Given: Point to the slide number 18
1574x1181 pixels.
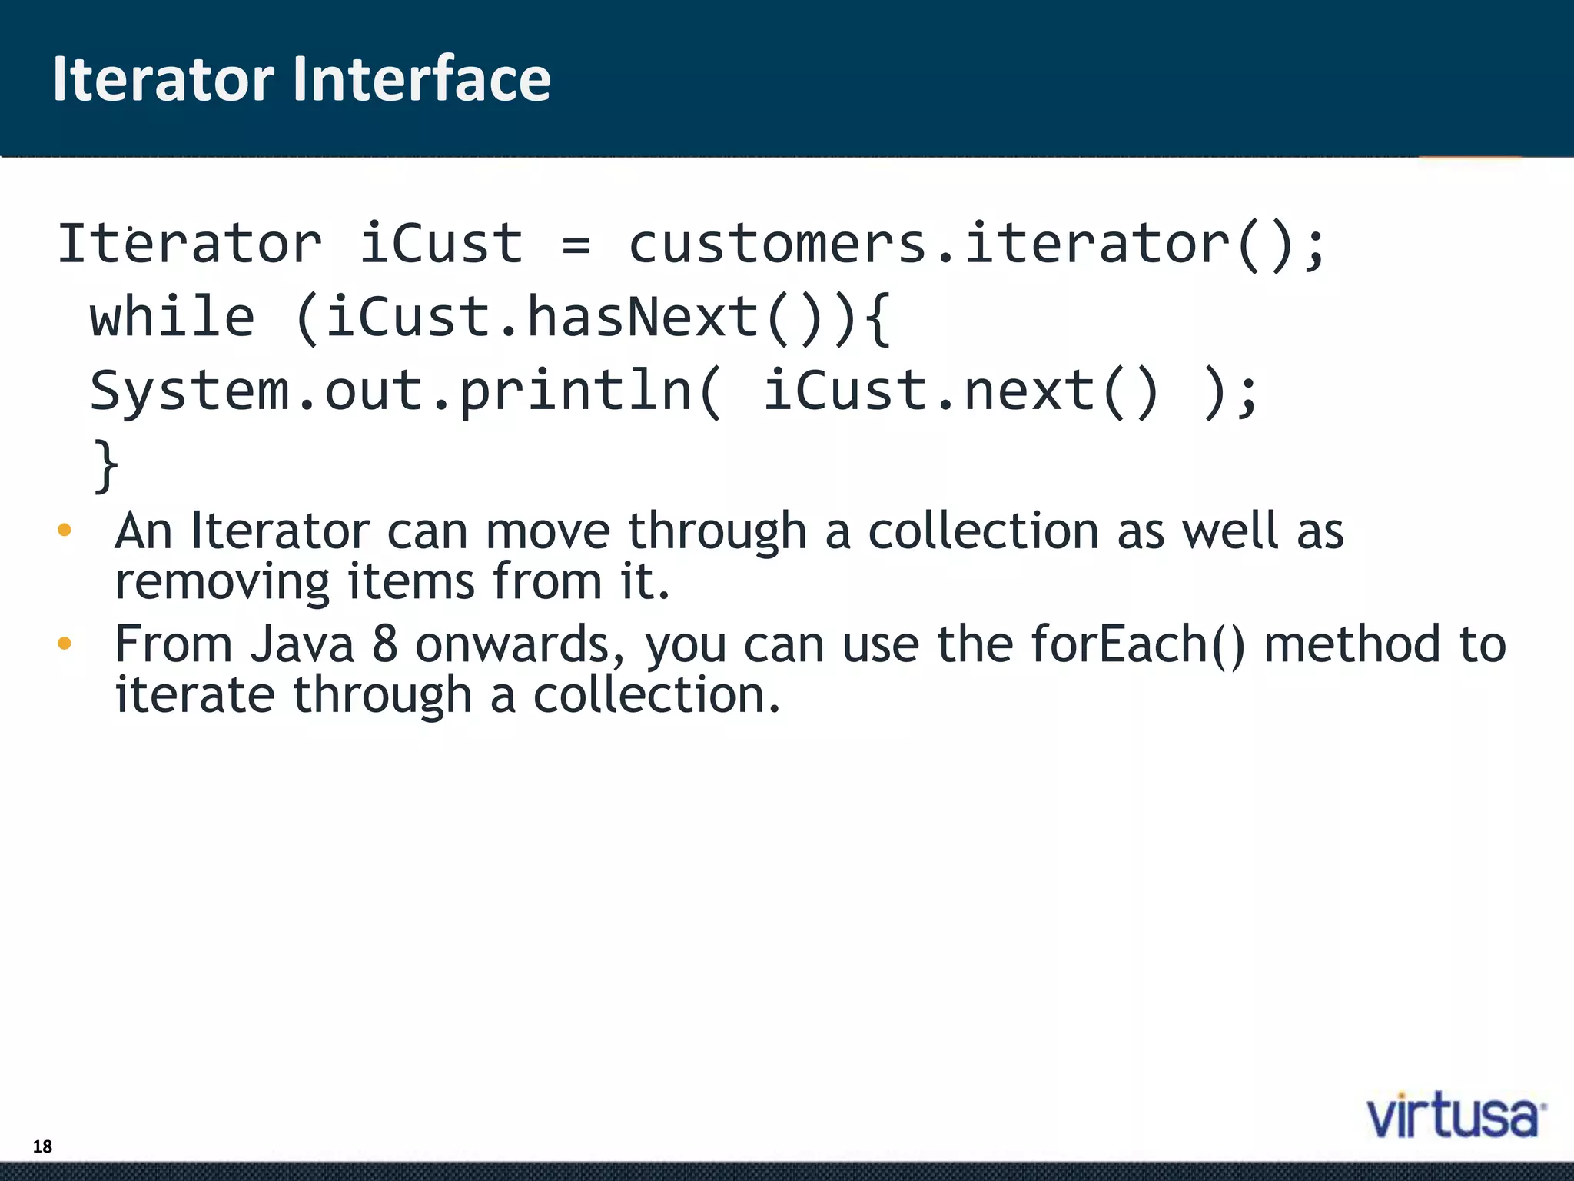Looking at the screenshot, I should tap(42, 1146).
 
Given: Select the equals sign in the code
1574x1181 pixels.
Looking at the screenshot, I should tap(576, 245).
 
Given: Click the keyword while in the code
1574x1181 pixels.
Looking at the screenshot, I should tap(172, 318).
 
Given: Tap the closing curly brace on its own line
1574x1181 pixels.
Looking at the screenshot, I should tap(106, 465).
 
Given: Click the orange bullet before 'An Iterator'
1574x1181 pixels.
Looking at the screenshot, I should tap(65, 530).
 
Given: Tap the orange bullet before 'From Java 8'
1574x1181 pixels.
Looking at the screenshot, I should tap(65, 643).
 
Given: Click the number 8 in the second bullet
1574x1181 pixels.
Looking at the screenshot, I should tap(384, 644).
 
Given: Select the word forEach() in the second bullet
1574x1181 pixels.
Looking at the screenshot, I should tap(1137, 644).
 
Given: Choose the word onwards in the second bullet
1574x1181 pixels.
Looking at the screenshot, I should tap(520, 644).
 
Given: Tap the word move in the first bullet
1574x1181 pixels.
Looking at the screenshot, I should tap(547, 531).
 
